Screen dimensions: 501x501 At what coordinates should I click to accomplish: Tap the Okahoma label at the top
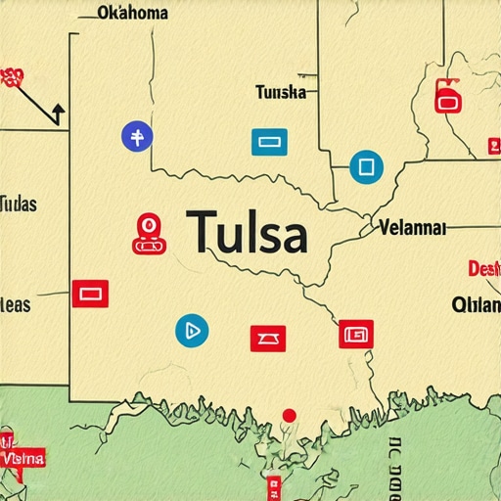coord(132,13)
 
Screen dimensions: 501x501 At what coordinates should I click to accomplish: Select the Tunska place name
coord(281,93)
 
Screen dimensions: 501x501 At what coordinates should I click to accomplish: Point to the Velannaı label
coord(411,228)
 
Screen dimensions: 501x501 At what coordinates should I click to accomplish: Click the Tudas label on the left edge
coord(19,205)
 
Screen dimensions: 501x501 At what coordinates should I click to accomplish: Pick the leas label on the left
coord(16,304)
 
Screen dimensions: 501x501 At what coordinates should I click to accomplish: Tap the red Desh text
coord(483,268)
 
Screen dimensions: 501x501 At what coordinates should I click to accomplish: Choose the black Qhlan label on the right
coord(476,304)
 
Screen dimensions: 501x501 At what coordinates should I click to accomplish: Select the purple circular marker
coord(136,137)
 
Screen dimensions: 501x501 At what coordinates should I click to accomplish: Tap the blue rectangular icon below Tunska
coord(269,142)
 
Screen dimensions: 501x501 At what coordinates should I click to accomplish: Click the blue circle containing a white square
coord(365,166)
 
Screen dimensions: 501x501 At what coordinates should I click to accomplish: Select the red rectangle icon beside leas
coord(90,292)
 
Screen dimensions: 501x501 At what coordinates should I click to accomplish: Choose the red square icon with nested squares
coord(356,334)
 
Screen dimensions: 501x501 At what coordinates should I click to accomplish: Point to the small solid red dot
coord(289,416)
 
